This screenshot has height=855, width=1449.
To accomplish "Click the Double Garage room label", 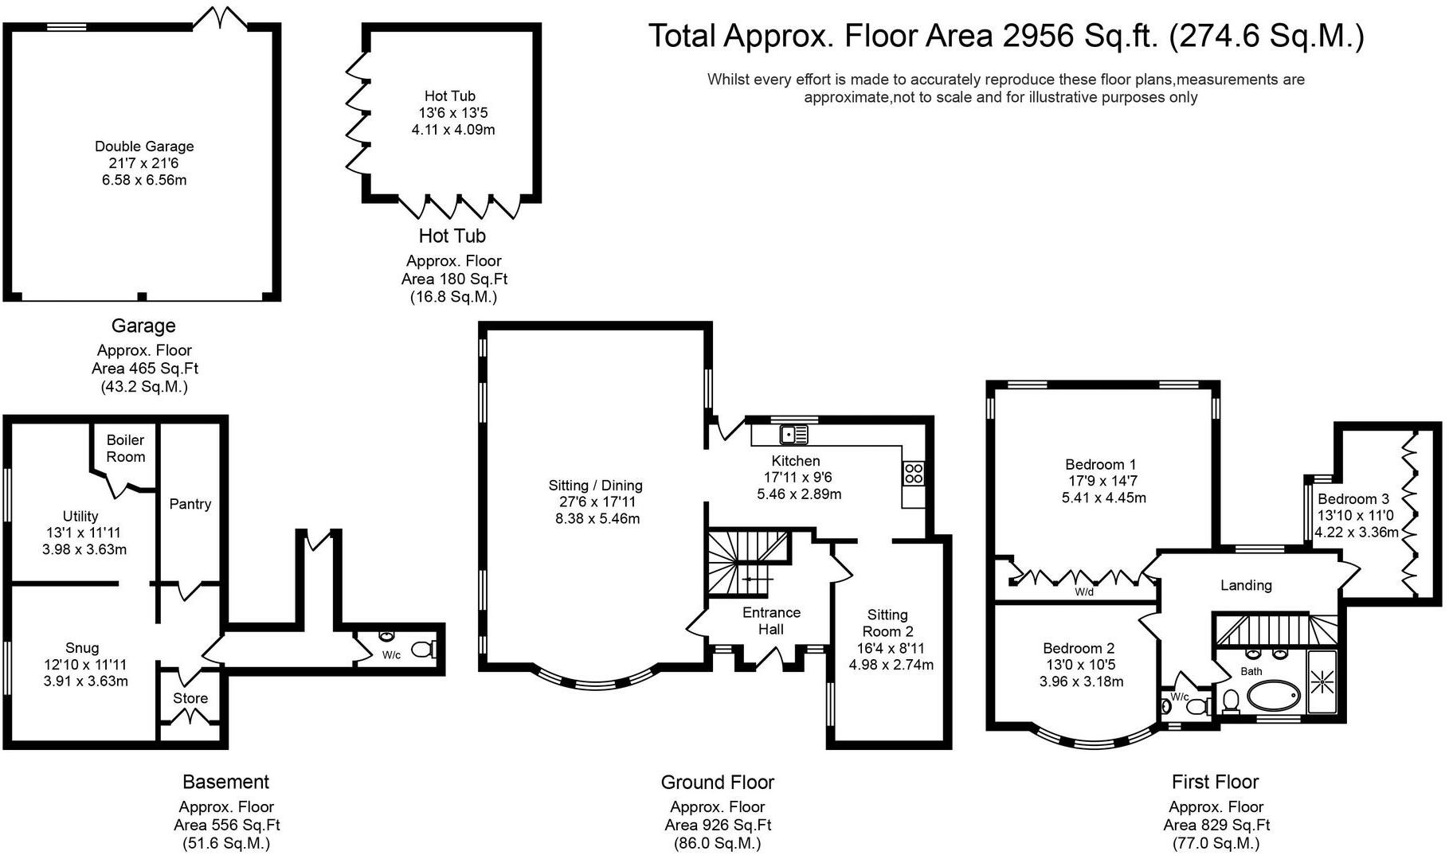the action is (144, 146).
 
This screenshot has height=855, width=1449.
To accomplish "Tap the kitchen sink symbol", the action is (793, 435).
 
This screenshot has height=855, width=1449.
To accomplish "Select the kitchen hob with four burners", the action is (913, 474).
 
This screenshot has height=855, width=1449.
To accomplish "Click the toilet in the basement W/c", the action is (424, 650).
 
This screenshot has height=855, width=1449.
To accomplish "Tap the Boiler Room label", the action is (126, 448).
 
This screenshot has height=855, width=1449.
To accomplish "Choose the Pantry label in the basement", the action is (190, 504).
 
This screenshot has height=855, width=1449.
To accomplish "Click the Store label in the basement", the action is (190, 698).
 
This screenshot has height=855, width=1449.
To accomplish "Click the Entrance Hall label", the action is (771, 621).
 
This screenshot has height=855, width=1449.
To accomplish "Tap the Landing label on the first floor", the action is (1246, 586).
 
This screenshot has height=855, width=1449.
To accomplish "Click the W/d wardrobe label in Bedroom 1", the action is (1084, 592).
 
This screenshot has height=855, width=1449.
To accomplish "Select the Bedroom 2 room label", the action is (1079, 649).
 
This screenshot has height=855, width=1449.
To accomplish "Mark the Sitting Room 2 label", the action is (887, 623).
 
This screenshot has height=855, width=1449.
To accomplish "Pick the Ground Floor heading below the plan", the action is (718, 783).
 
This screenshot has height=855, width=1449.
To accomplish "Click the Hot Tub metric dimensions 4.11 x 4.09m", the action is (453, 130).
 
